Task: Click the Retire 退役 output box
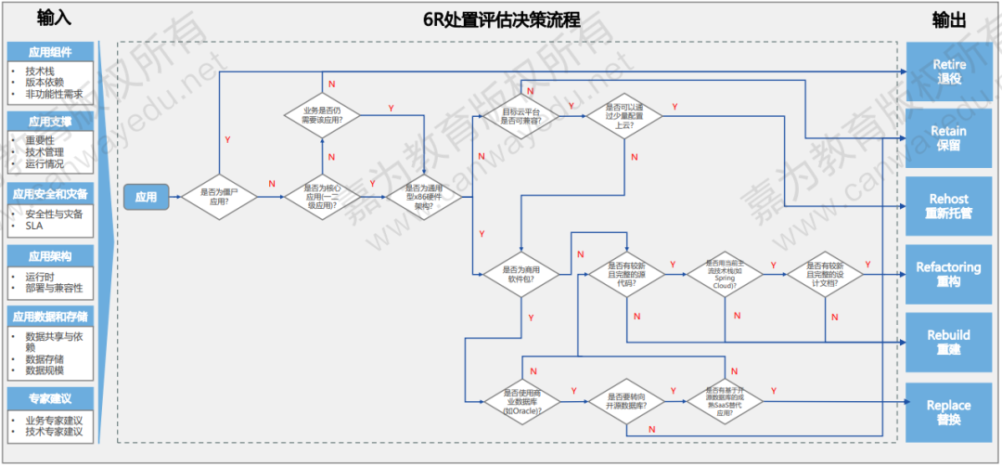[948, 71]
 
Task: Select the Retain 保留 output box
[948, 138]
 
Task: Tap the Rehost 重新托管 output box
[948, 206]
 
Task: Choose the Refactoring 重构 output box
[948, 274]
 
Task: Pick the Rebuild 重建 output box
[948, 342]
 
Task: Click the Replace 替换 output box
[948, 412]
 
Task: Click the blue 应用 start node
[146, 197]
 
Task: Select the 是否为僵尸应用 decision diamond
[219, 196]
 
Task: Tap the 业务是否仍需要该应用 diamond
[322, 115]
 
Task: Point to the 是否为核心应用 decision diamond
[322, 196]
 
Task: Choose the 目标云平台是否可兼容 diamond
[520, 115]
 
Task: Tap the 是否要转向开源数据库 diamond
[624, 401]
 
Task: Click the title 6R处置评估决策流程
[501, 19]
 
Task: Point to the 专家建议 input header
[50, 399]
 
